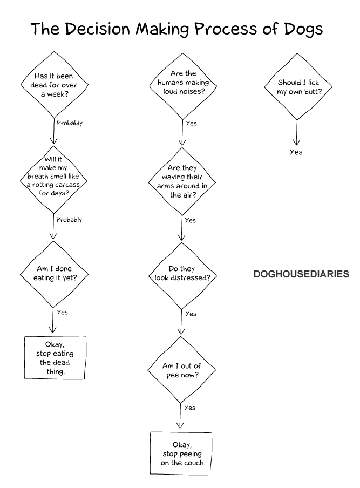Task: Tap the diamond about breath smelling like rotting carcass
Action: tap(53, 179)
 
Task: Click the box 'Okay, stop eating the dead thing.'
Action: tap(55, 357)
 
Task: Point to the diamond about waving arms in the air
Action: tap(181, 181)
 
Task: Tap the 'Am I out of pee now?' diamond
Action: tap(181, 370)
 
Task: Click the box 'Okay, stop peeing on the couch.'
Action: tap(181, 453)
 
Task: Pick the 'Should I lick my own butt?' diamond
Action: tap(296, 87)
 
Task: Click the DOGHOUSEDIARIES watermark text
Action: tap(301, 274)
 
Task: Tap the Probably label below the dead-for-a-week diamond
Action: tap(70, 123)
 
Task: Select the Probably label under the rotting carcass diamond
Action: tap(69, 220)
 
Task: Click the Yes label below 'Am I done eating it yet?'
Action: tap(62, 312)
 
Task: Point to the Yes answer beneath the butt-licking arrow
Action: tap(296, 152)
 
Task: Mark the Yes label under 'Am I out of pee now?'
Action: tap(189, 408)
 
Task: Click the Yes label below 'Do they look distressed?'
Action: tap(191, 314)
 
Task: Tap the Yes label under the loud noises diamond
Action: tap(191, 123)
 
